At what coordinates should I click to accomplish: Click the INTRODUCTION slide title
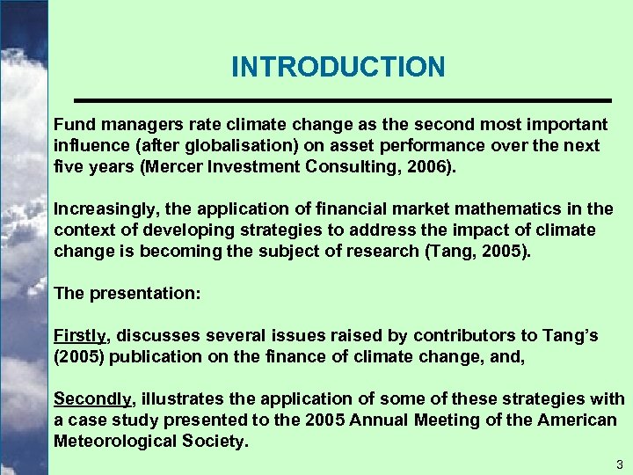[338, 67]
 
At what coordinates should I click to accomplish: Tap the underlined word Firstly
[80, 335]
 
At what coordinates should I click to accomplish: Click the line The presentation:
[127, 293]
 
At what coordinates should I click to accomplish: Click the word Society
[215, 442]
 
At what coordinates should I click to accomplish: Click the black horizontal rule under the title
[341, 98]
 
